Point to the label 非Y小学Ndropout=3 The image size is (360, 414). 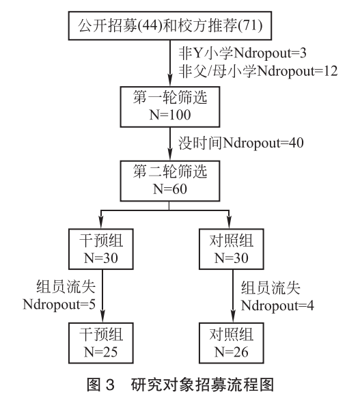(243, 53)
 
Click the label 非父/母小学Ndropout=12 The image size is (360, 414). (258, 71)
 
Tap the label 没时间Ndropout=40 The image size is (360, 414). (240, 143)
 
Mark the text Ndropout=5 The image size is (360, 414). (59, 305)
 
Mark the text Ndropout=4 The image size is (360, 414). (277, 306)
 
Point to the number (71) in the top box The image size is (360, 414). (250, 25)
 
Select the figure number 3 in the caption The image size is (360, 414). (110, 385)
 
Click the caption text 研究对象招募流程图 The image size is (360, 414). (202, 385)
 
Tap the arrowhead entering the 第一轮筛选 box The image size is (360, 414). (170, 80)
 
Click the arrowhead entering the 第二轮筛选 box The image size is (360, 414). (170, 154)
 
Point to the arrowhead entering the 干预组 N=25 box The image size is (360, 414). (102, 316)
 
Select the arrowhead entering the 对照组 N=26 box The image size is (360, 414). (233, 316)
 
